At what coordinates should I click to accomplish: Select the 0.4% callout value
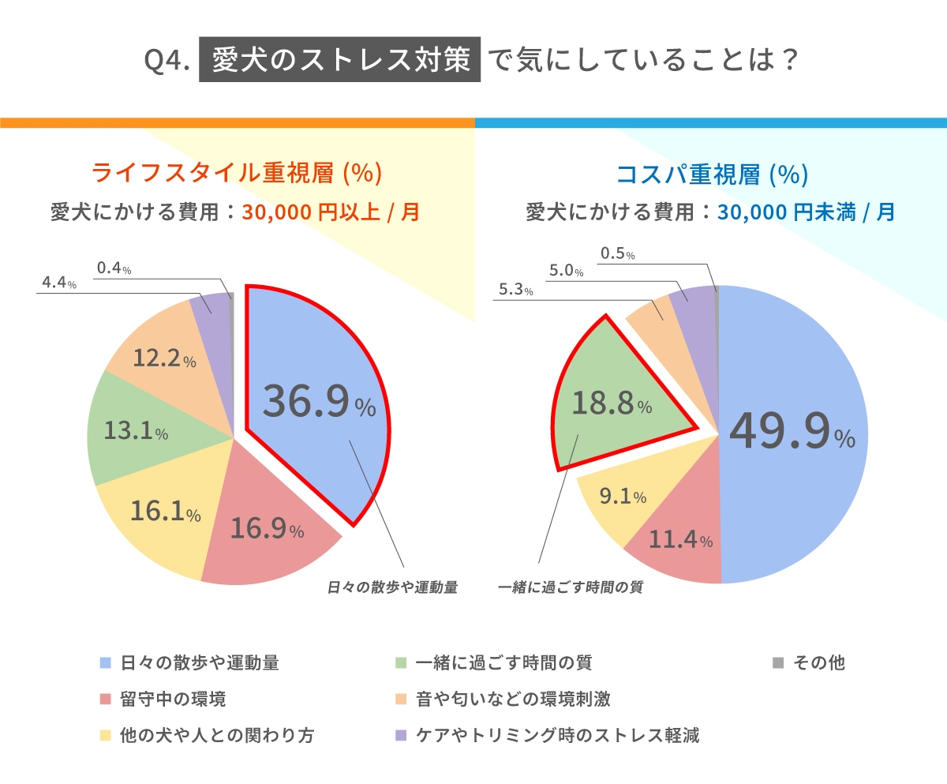tap(114, 269)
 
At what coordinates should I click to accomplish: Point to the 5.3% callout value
tap(515, 291)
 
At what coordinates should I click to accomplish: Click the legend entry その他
tap(818, 662)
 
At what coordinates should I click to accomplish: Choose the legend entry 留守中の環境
tap(173, 699)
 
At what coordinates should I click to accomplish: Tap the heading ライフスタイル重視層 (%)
tap(237, 173)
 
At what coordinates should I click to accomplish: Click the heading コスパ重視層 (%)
tap(711, 173)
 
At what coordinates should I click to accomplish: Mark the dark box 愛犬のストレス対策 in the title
tap(340, 61)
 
